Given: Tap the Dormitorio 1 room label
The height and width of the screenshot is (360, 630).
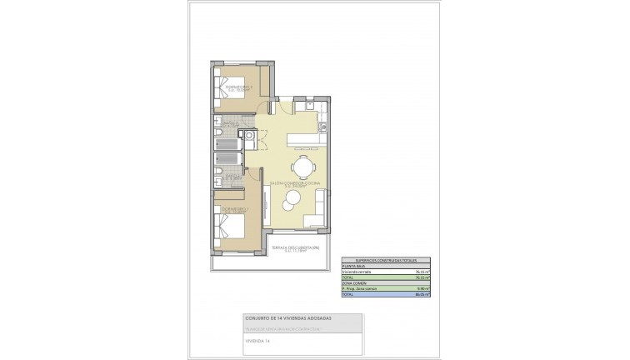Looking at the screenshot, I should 229,210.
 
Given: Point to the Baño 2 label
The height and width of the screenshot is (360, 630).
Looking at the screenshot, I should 230,126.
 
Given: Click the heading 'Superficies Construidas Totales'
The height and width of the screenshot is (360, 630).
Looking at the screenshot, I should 378,261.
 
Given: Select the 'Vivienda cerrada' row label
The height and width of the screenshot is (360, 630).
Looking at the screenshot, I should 357,272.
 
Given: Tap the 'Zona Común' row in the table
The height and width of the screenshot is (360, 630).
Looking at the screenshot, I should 356,284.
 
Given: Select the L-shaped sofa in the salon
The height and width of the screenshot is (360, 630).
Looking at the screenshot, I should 314,218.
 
